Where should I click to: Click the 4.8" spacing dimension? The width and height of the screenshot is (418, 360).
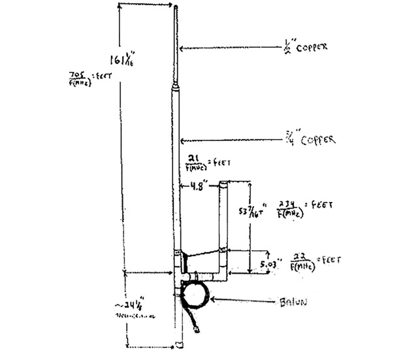195,186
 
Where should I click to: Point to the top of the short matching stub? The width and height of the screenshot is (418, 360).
223,183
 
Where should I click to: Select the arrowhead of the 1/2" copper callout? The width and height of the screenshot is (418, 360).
182,48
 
